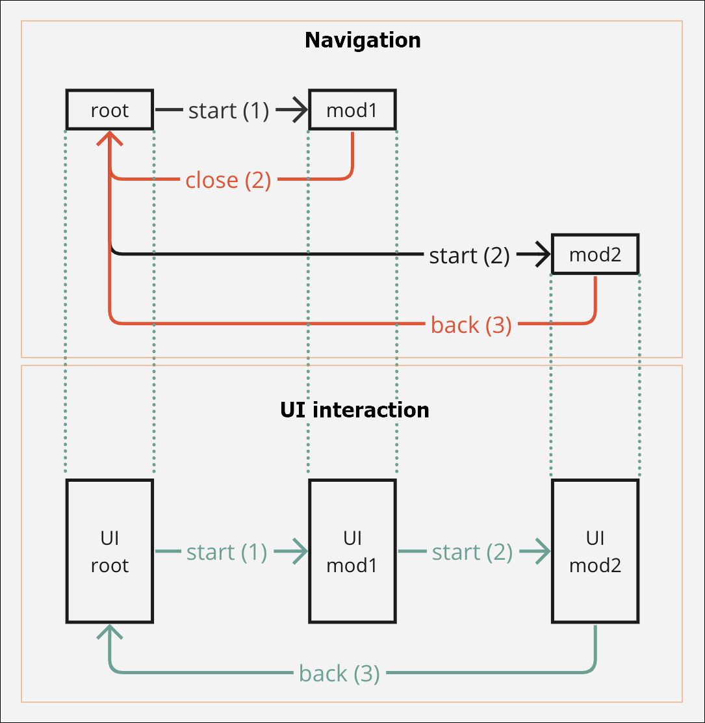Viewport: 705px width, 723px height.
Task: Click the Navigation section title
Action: pyautogui.click(x=363, y=40)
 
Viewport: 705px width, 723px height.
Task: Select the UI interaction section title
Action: pyautogui.click(x=354, y=410)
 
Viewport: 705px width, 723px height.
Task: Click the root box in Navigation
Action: pyautogui.click(x=110, y=110)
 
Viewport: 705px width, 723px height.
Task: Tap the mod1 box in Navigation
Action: pyautogui.click(x=352, y=110)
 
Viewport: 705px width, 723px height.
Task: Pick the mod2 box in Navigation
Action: pyautogui.click(x=595, y=254)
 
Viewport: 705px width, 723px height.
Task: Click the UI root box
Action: pyautogui.click(x=110, y=551)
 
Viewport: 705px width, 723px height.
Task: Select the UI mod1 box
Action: pyautogui.click(x=352, y=551)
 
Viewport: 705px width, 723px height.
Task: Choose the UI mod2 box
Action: pyautogui.click(x=595, y=551)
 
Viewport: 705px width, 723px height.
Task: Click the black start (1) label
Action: pyautogui.click(x=228, y=111)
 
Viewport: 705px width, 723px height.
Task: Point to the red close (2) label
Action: pyautogui.click(x=228, y=179)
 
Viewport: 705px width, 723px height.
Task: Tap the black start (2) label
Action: pyautogui.click(x=469, y=256)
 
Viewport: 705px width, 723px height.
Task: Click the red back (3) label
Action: pyautogui.click(x=471, y=324)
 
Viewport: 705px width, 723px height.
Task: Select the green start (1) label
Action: pyautogui.click(x=227, y=552)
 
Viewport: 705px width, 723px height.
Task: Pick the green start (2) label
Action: pyautogui.click(x=472, y=552)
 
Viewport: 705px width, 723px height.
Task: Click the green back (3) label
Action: pyautogui.click(x=339, y=673)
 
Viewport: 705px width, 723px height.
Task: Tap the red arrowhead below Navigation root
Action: pyautogui.click(x=110, y=138)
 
